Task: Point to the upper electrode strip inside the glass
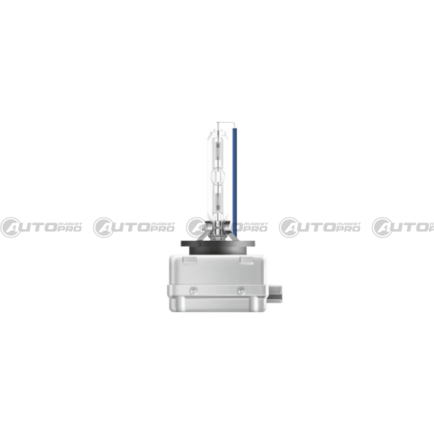point(218,150)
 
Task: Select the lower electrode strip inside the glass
point(218,201)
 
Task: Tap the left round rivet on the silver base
point(193,290)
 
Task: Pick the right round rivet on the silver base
point(241,290)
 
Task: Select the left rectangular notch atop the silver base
point(190,260)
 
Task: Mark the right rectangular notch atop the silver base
point(247,260)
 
